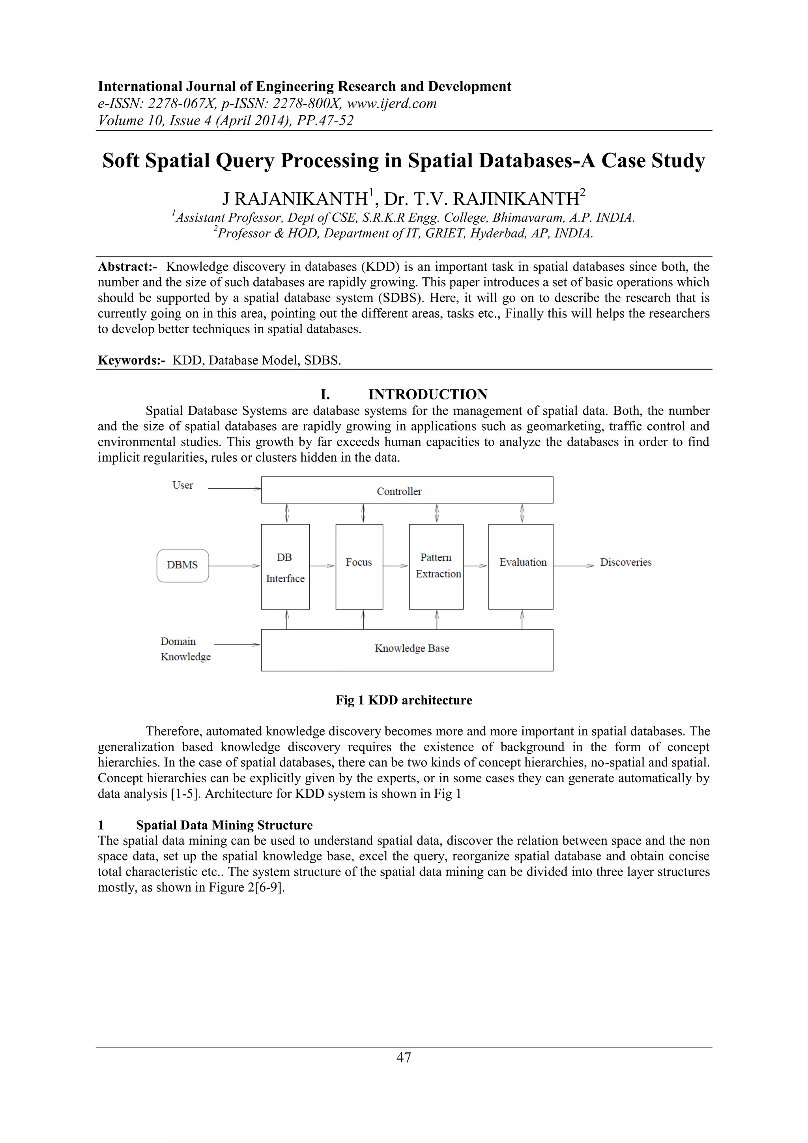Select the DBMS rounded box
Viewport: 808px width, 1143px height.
[183, 566]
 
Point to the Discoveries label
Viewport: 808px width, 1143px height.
[625, 562]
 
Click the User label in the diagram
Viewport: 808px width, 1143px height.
[183, 485]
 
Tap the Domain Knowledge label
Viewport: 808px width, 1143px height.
[185, 649]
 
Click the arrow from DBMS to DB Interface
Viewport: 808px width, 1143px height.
[234, 566]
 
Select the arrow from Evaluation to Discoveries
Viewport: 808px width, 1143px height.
[573, 566]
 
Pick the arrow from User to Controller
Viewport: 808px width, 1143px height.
[234, 489]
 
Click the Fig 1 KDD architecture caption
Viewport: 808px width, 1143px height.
[404, 701]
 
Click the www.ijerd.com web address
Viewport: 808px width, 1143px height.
[391, 103]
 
